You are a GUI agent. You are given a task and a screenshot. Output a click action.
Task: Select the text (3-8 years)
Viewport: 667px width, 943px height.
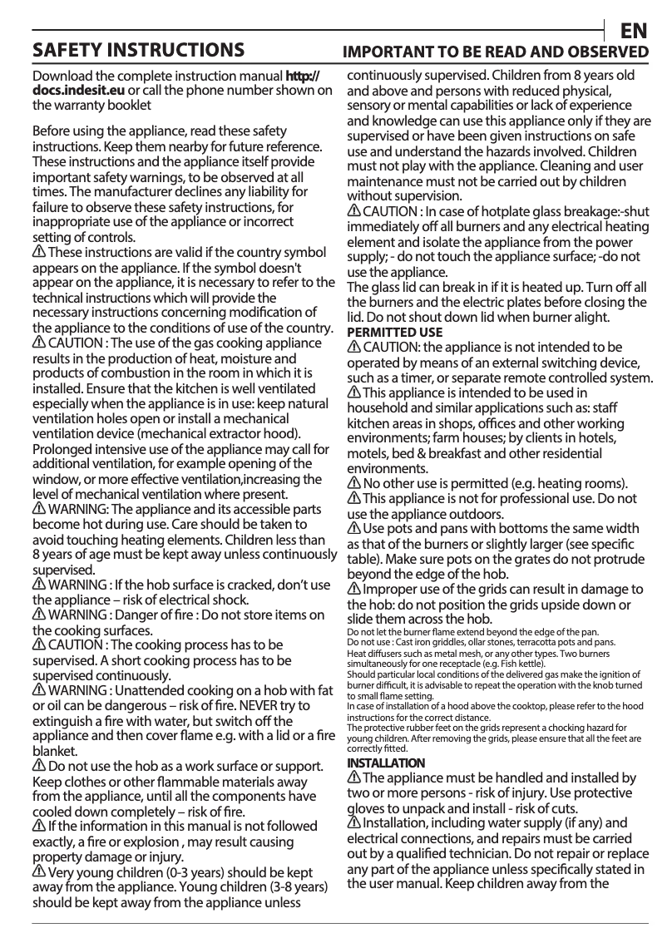pyautogui.click(x=294, y=887)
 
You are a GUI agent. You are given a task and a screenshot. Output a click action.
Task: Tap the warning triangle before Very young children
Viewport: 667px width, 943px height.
pyautogui.click(x=38, y=872)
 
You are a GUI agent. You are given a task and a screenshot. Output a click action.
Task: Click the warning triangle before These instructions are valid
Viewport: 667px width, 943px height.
pyautogui.click(x=38, y=252)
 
